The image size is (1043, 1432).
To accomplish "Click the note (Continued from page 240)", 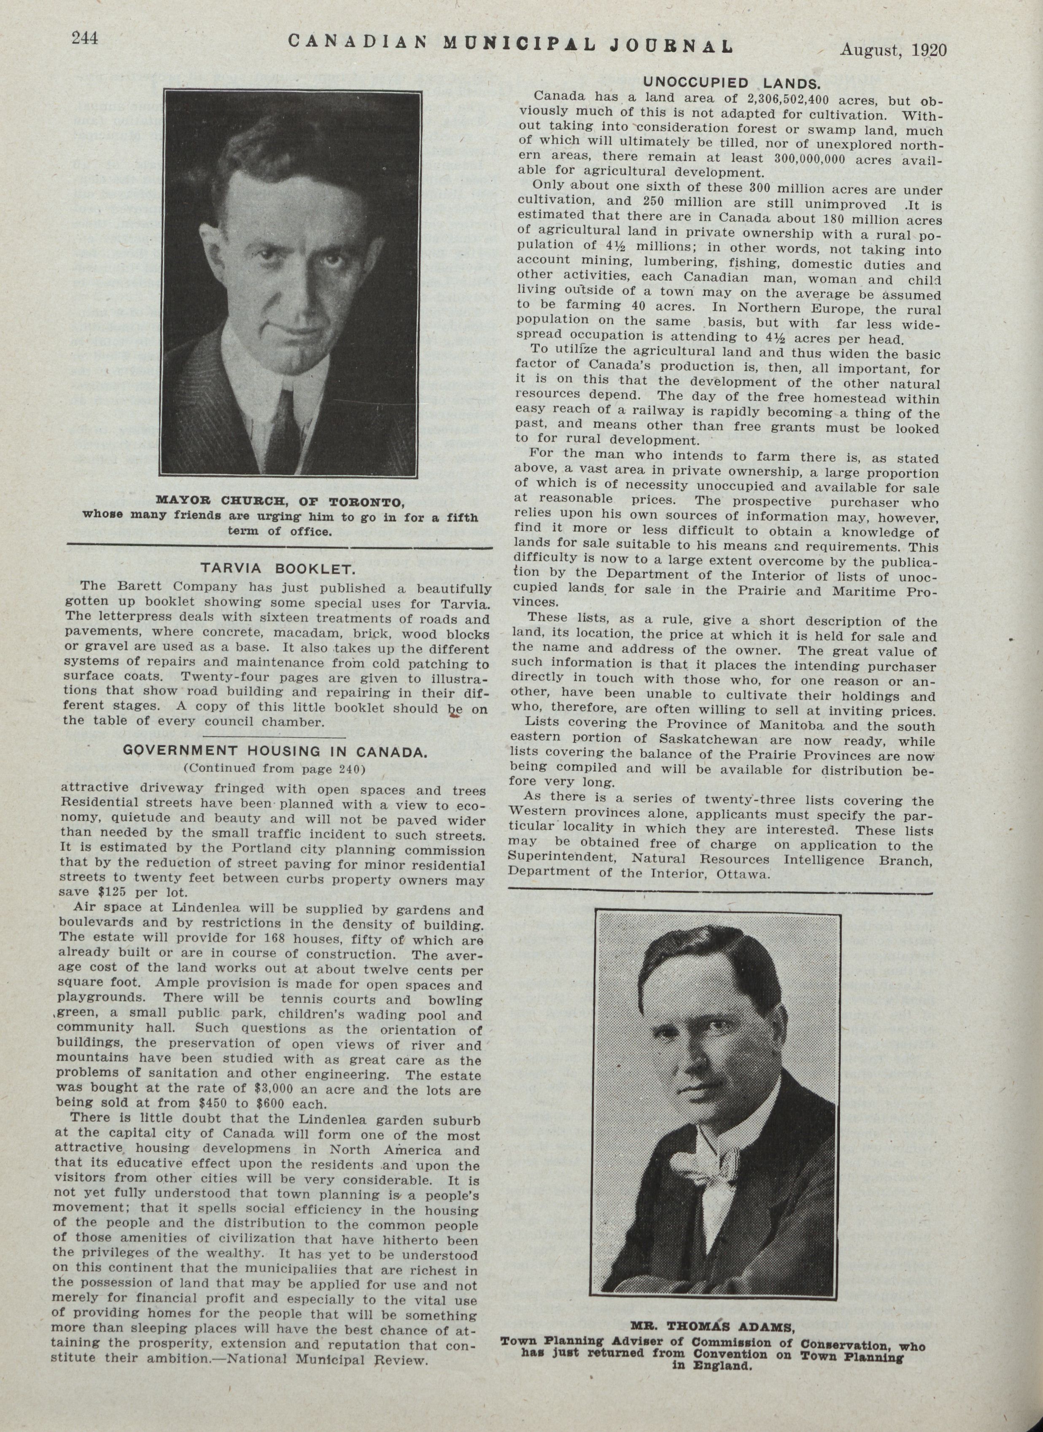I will pos(274,768).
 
